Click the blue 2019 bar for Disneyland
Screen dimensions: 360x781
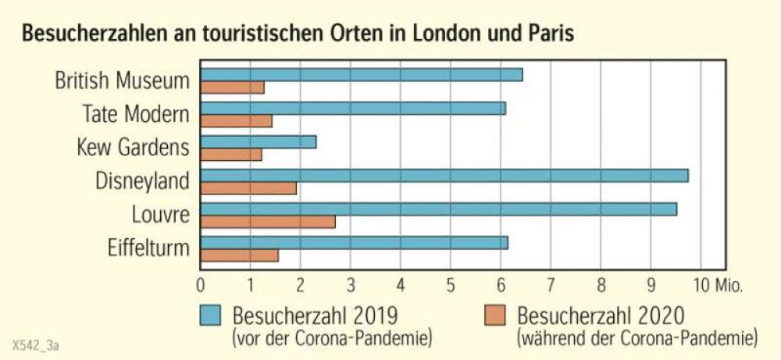[444, 176]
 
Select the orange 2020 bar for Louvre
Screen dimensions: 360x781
[268, 222]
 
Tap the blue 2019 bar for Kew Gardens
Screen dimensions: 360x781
[259, 142]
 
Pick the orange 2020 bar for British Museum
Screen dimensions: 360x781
[233, 87]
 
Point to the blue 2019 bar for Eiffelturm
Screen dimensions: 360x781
[355, 243]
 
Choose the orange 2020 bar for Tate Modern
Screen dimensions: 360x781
[237, 121]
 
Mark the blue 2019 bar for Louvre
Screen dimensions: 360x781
[439, 209]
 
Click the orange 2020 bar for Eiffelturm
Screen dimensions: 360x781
[240, 255]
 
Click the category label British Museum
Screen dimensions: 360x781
[122, 80]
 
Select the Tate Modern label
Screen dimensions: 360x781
[136, 114]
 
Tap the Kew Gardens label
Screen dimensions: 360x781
[133, 148]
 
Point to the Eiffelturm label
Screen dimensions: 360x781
[148, 249]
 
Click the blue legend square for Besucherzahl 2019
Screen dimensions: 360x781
[212, 315]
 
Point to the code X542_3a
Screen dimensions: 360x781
[36, 344]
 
